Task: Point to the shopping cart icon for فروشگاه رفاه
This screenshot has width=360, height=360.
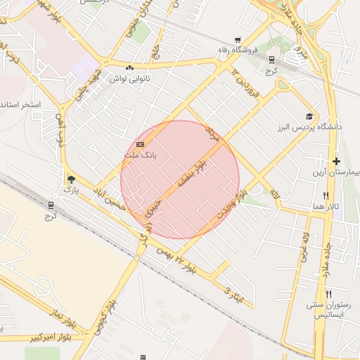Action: coord(238,40)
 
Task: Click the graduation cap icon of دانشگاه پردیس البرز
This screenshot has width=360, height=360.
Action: coord(309,116)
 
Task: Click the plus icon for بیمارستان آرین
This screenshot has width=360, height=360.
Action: coord(336,162)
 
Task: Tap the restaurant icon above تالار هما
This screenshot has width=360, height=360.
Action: coord(325,195)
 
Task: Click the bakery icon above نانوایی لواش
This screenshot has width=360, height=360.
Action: coord(129,68)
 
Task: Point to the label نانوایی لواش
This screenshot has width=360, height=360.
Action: coord(129,78)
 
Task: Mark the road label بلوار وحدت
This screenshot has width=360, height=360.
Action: coord(233,202)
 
